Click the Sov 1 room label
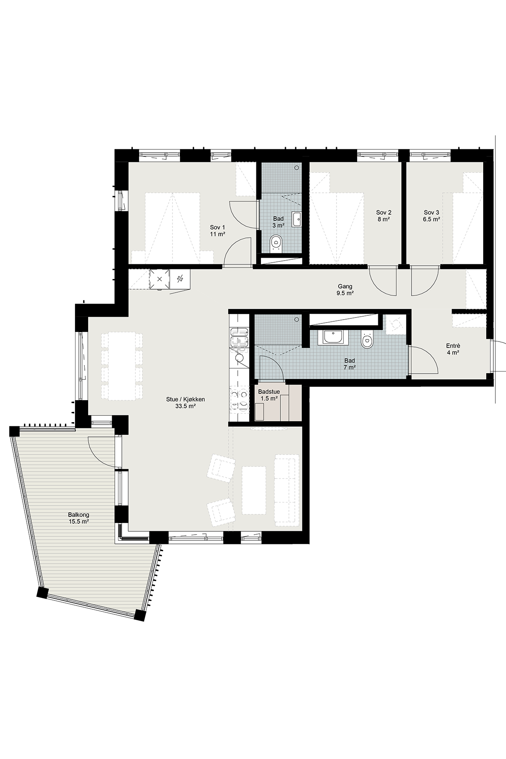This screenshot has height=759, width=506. pyautogui.click(x=218, y=231)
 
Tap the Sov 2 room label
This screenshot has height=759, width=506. pyautogui.click(x=384, y=216)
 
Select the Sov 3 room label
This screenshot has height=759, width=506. pyautogui.click(x=432, y=216)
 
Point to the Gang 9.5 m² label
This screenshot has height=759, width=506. pyautogui.click(x=345, y=290)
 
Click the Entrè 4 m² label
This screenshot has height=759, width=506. pyautogui.click(x=453, y=349)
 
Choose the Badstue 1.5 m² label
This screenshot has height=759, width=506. pyautogui.click(x=269, y=395)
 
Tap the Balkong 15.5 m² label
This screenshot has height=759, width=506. pyautogui.click(x=78, y=518)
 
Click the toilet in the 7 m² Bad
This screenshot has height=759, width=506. pyautogui.click(x=367, y=340)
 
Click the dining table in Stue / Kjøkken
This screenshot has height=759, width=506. pyautogui.click(x=122, y=366)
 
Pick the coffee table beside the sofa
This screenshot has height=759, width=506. pyautogui.click(x=254, y=490)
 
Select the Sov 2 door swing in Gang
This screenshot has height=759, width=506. pyautogui.click(x=382, y=283)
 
